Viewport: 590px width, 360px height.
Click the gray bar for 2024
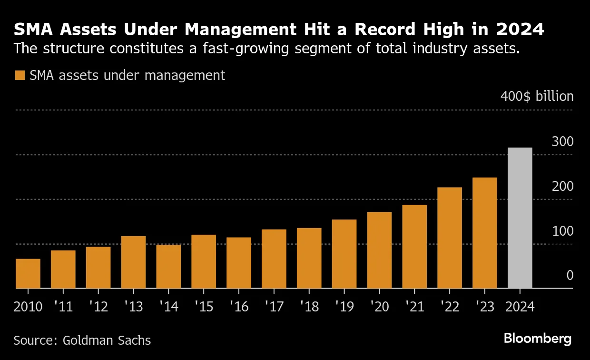520,218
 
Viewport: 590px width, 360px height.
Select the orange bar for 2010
28,274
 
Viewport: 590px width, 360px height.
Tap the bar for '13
133,262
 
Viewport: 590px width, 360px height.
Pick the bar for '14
168,267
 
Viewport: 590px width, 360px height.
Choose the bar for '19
344,254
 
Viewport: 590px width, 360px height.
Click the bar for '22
450,238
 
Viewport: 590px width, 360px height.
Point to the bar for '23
484,233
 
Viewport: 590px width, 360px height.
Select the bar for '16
239,263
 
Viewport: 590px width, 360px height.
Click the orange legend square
20,75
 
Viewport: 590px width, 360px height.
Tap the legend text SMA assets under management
127,75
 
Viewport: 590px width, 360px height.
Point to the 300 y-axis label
562,141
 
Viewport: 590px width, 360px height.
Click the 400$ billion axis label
537,96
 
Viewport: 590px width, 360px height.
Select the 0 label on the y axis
570,276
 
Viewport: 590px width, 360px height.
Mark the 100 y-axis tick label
562,231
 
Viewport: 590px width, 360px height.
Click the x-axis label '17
274,306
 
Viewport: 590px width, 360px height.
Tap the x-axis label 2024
520,306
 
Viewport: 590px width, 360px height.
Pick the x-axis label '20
379,306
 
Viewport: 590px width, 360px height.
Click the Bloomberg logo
538,339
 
